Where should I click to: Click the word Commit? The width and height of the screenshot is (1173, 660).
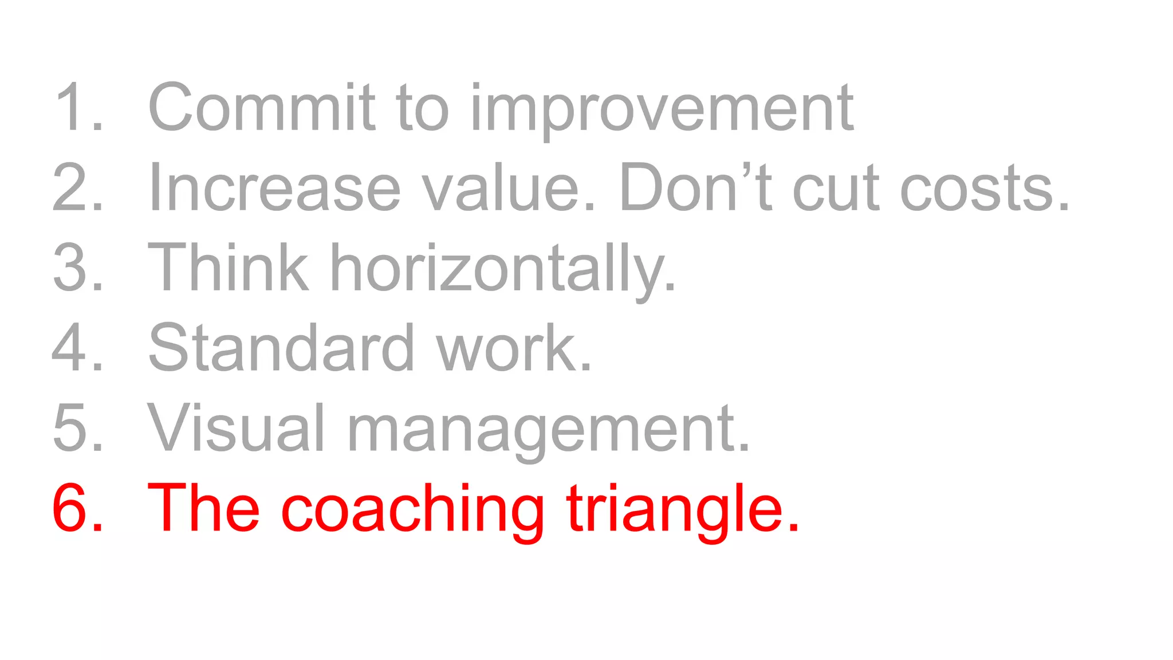click(x=261, y=107)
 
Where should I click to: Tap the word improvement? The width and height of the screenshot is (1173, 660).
click(x=662, y=109)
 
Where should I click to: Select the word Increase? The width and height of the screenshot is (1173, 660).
click(x=274, y=187)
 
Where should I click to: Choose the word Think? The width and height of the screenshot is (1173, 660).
click(x=228, y=268)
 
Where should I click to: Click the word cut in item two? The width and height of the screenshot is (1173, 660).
click(x=836, y=187)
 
